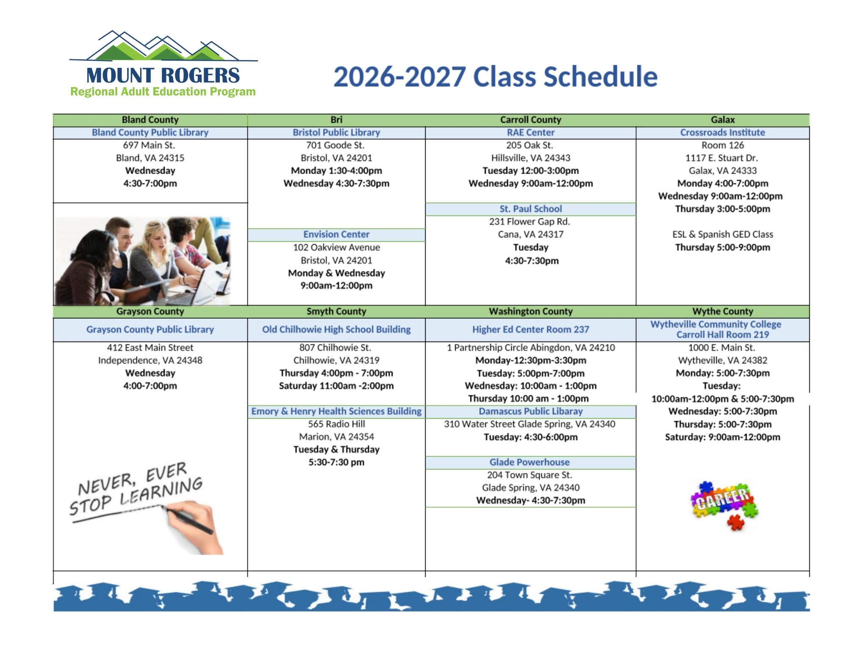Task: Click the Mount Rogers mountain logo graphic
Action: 163,45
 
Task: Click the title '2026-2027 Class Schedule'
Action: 495,77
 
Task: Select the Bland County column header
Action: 150,120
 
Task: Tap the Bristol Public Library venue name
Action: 336,132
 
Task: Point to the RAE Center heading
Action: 531,132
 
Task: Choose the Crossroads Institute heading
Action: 722,132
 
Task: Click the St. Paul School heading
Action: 531,209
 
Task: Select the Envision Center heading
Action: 336,235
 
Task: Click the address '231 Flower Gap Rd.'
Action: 530,221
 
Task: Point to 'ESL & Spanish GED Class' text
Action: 722,235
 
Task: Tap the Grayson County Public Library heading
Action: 150,329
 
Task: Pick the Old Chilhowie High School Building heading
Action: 336,329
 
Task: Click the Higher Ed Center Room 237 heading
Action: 531,329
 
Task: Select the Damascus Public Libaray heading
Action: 531,411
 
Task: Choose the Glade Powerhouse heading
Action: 529,462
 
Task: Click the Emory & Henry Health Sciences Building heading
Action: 336,411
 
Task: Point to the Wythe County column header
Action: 722,312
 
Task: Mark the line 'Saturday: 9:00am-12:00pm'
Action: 722,437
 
